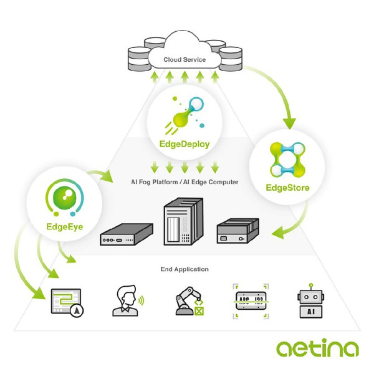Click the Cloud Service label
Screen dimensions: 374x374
pyautogui.click(x=185, y=60)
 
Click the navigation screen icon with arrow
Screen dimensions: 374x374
pyautogui.click(x=67, y=303)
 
